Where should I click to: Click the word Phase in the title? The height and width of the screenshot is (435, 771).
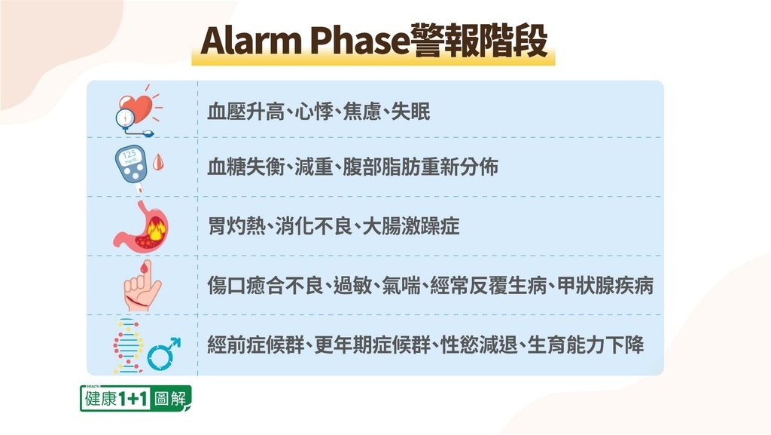tap(358, 41)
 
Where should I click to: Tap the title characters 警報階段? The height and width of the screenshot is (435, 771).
tap(477, 41)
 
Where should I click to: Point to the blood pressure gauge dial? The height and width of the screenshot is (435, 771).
tap(125, 118)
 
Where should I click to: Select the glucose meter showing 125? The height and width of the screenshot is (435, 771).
tap(131, 164)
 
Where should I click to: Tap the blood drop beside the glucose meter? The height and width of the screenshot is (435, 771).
tap(158, 162)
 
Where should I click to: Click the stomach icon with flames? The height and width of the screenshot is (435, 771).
tap(142, 226)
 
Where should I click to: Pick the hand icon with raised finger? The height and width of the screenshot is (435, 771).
tap(142, 286)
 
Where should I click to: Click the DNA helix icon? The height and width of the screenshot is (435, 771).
tap(128, 345)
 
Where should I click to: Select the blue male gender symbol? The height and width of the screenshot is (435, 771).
tap(164, 354)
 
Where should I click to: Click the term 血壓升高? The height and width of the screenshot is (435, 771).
tap(246, 112)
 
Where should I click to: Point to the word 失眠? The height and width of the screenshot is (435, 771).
tap(410, 112)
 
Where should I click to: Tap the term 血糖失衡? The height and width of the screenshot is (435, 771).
tap(246, 167)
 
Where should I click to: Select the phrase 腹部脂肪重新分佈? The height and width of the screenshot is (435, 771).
tap(420, 167)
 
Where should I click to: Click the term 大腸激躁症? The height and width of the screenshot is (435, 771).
tap(411, 226)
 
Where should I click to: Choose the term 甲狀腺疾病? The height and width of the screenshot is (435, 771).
tap(605, 286)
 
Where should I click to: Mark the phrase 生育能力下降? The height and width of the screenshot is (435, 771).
tap(586, 345)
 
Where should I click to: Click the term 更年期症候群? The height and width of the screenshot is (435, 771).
tap(372, 345)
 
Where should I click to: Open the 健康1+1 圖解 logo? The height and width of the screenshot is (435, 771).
tap(136, 398)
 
